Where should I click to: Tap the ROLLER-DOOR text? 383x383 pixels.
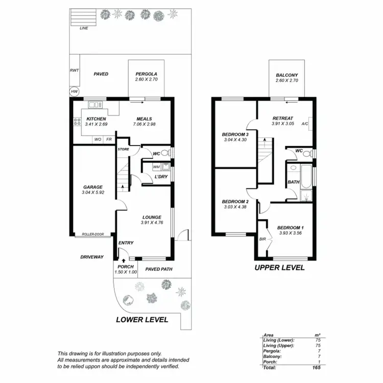92,234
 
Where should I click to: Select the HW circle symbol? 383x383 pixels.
75,92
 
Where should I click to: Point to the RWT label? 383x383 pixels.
75,71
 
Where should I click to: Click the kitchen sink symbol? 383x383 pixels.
95,105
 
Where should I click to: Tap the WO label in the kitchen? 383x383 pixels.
98,139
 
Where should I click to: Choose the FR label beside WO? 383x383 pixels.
109,139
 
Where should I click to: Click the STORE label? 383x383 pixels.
124,149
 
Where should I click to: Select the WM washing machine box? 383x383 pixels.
157,166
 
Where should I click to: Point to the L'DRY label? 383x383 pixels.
161,177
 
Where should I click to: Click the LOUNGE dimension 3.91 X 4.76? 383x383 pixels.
152,223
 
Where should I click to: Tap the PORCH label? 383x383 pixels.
126,267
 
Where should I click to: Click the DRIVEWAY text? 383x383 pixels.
92,257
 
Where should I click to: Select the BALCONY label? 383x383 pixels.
286,75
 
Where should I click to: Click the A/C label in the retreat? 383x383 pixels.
305,124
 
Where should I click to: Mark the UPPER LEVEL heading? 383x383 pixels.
280,268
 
